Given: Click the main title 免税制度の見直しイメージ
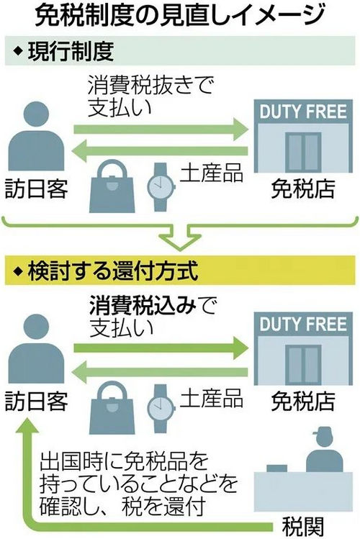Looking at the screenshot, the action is point(180,15).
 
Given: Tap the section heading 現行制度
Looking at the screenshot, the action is point(71,51).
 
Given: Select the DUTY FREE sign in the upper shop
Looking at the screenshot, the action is point(303,112).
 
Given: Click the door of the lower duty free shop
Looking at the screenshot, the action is point(304,365).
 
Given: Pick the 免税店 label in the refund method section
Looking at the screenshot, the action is point(303,401).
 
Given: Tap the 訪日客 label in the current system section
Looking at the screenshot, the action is point(36,189).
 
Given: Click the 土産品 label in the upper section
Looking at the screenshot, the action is point(212,173).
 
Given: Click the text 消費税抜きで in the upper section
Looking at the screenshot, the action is point(151,86).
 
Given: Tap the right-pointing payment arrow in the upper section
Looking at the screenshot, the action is point(161,130).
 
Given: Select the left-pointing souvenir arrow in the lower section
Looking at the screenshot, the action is point(160,372).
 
